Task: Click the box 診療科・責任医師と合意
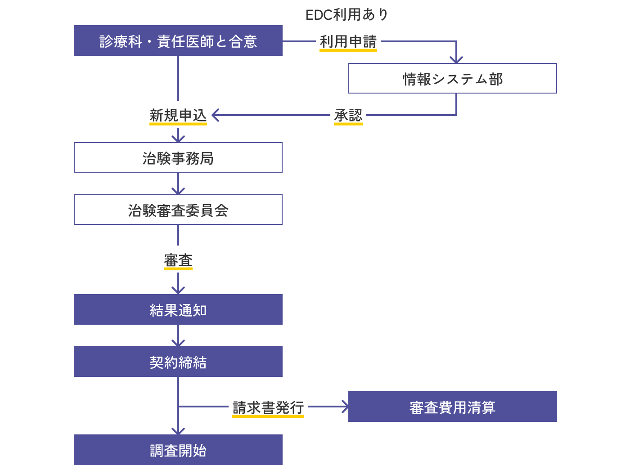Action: pos(178,40)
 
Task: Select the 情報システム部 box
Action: pos(452,79)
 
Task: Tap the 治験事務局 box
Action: pos(178,158)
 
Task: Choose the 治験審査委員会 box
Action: pos(178,210)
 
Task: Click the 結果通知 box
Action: pos(178,310)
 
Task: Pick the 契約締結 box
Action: pos(178,362)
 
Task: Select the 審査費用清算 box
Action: pos(452,407)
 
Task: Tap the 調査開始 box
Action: pos(178,450)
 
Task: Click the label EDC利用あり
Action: pos(347,14)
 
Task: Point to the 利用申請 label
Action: pos(348,41)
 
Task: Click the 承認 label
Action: pos(348,115)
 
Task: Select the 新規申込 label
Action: pos(178,115)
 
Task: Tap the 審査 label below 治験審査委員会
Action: pos(178,260)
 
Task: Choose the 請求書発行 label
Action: pos(268,407)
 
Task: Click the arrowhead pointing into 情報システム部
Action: pos(456,60)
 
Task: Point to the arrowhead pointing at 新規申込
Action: pos(215,115)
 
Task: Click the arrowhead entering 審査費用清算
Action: pos(345,407)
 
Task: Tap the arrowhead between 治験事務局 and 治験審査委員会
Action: pos(178,191)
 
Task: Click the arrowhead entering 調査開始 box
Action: pos(178,431)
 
